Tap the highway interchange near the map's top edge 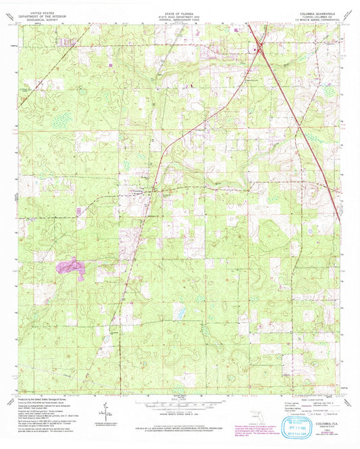tap(257, 48)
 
